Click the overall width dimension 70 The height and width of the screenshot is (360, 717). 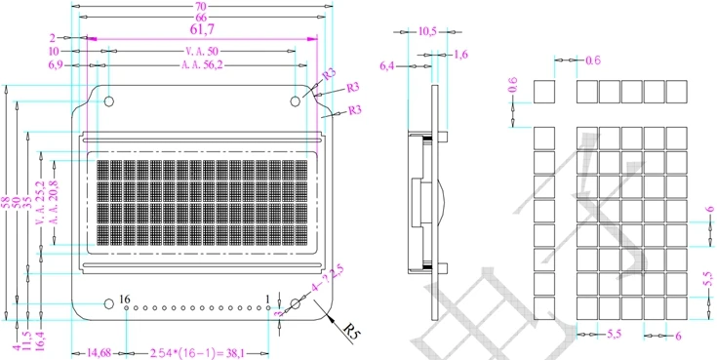click(x=201, y=7)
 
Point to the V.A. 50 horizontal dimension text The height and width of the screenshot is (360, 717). click(x=201, y=51)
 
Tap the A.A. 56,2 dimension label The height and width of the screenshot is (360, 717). click(x=201, y=65)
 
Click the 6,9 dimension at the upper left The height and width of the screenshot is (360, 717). click(x=60, y=65)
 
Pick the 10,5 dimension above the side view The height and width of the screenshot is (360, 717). click(x=427, y=32)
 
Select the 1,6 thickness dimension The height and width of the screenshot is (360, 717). click(x=461, y=55)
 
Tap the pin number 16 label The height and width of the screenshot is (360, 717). click(x=124, y=299)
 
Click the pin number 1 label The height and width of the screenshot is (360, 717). click(x=268, y=299)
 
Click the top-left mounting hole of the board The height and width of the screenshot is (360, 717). click(x=109, y=100)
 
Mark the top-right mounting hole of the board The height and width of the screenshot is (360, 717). click(x=295, y=100)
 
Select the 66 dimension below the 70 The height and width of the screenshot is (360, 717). click(x=201, y=19)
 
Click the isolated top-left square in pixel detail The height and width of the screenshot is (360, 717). click(x=543, y=92)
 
